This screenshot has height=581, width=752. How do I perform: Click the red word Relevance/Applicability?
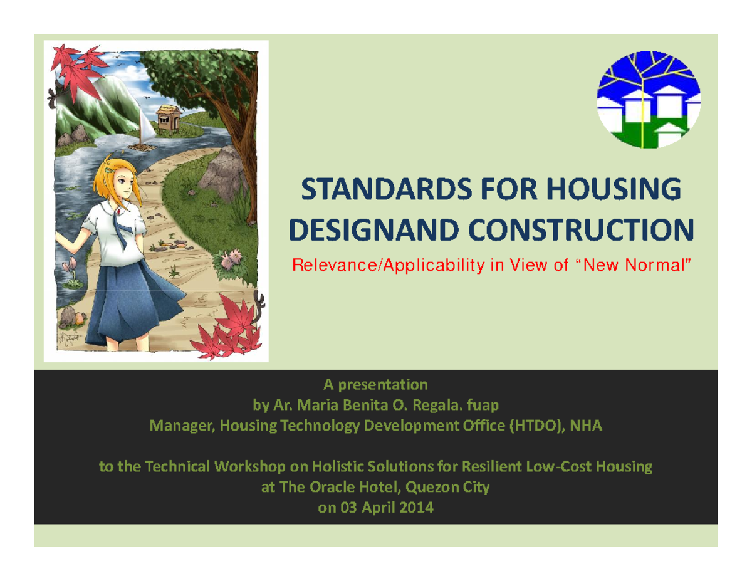(390, 266)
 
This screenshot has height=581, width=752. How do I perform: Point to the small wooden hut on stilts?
(167, 118)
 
